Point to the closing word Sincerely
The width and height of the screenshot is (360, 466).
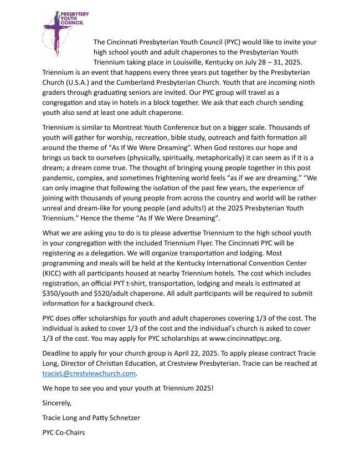click(x=57, y=403)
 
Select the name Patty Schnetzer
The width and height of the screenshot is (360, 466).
click(x=120, y=417)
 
